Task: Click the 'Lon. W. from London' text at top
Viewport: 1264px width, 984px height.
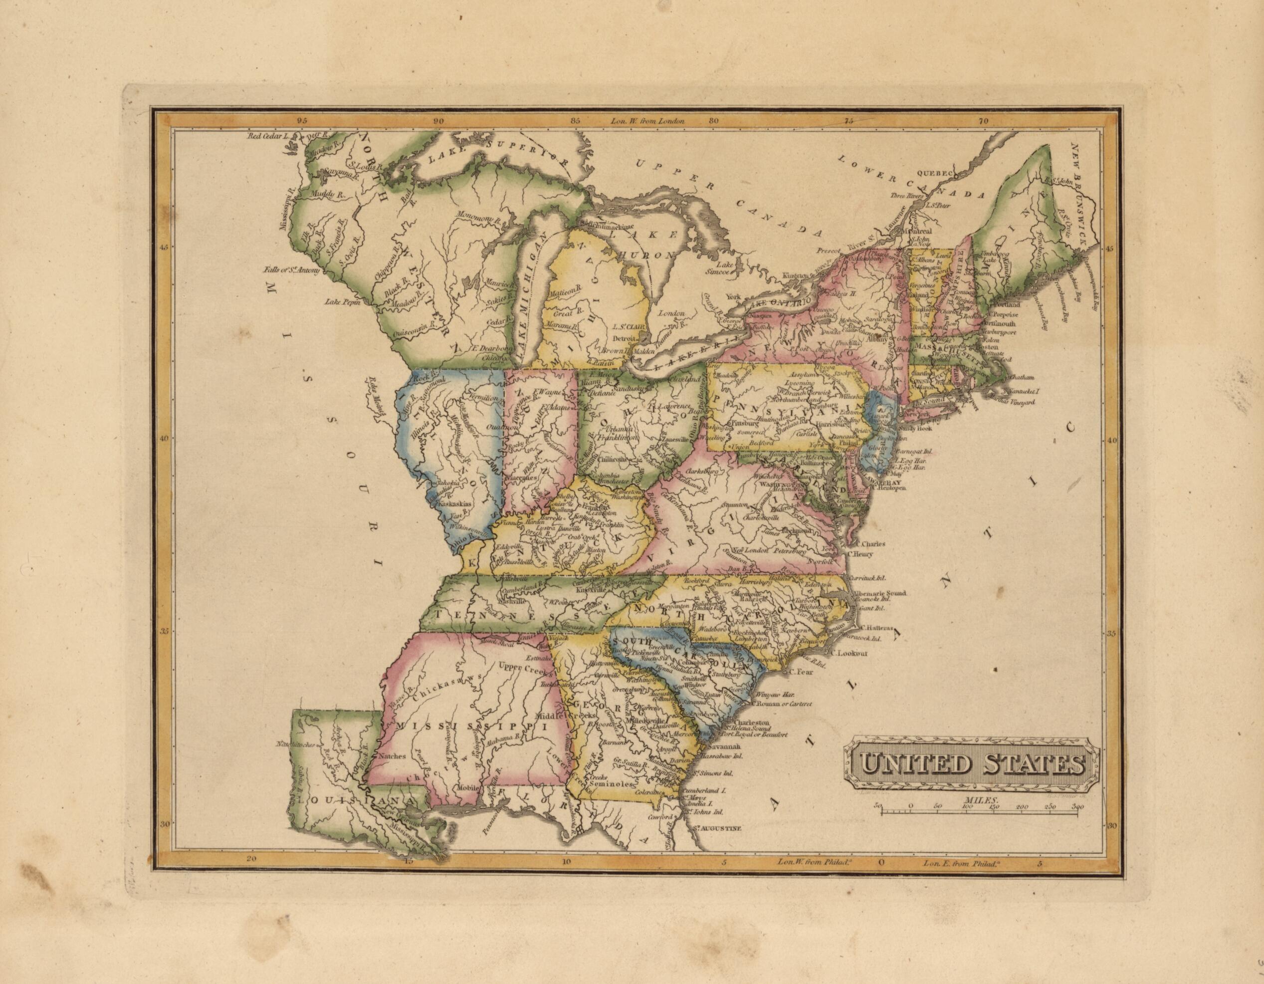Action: (647, 122)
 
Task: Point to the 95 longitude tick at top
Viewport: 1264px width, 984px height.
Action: (300, 122)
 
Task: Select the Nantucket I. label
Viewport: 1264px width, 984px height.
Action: (1023, 391)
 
